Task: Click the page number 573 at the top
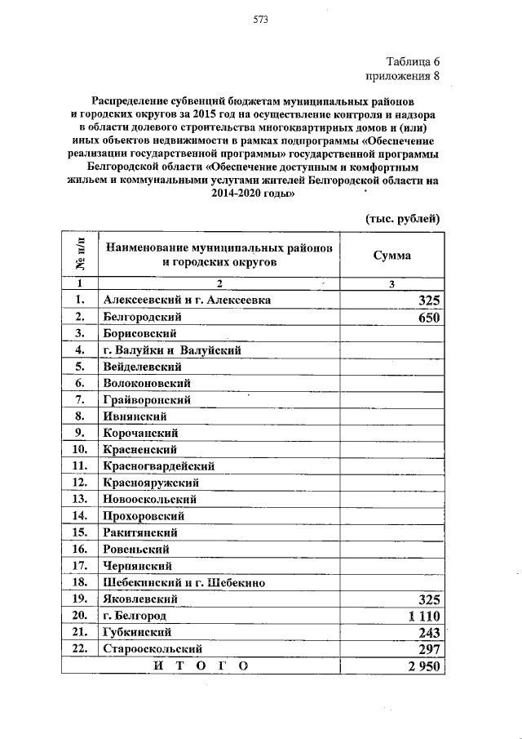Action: (260, 19)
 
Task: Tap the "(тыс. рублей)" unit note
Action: (400, 218)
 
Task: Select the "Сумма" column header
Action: (392, 256)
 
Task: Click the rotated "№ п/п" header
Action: (80, 256)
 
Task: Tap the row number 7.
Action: (80, 399)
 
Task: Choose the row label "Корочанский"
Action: (140, 433)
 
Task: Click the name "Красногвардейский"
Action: (158, 466)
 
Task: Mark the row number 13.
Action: (80, 499)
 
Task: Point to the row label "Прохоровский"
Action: (144, 515)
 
